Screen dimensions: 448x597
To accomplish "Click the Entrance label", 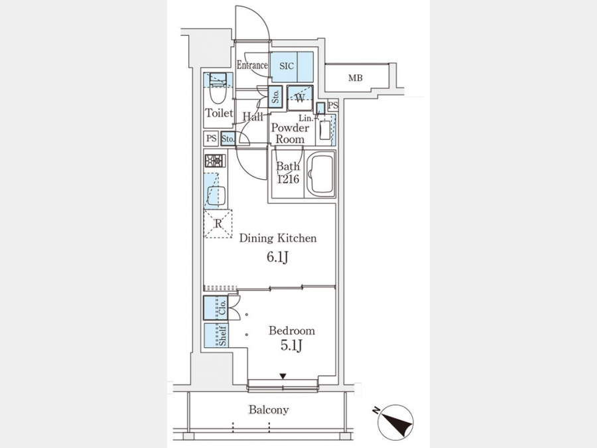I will (252, 65).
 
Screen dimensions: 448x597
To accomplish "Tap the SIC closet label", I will (287, 66).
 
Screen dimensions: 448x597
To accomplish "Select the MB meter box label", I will (356, 78).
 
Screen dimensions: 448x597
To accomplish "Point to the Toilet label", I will (218, 113).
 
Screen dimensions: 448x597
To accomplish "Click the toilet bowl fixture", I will (218, 87).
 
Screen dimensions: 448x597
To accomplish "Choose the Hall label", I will (252, 117).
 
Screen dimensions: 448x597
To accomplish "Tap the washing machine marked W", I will (300, 98).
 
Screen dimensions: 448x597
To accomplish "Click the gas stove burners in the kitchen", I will (215, 161).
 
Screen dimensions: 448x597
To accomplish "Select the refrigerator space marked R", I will (218, 224).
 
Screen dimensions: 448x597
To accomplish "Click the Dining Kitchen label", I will (278, 238).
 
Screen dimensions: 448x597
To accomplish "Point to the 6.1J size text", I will (277, 257).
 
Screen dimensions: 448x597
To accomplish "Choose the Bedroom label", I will (291, 331).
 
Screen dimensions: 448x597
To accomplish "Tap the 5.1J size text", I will (291, 346).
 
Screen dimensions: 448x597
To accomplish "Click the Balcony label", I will (269, 410).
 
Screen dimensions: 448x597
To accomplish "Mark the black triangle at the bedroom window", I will (283, 377).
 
